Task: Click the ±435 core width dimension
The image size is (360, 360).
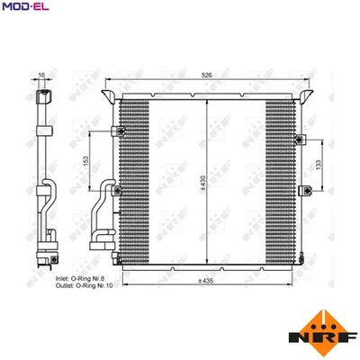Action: [207, 282]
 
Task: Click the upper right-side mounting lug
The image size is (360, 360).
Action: [304, 137]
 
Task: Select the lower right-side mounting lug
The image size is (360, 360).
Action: [304, 191]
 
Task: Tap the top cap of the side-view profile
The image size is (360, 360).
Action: [41, 93]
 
